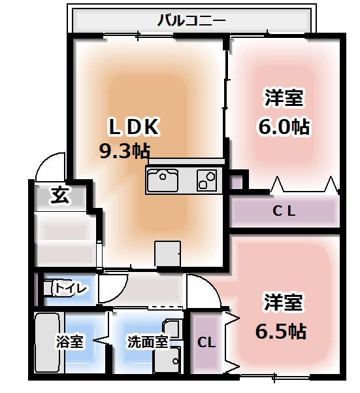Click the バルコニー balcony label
(191, 20)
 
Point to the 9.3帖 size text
(124, 151)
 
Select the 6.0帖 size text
(284, 126)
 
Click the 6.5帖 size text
(280, 330)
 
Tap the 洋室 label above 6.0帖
(284, 99)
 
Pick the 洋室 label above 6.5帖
(283, 303)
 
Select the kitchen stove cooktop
(207, 179)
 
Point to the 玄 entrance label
(59, 194)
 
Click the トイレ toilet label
(68, 287)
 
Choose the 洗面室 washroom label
(148, 341)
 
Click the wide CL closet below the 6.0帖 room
(284, 211)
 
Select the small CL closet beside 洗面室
(206, 342)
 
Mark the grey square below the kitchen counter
(167, 254)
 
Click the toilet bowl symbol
(49, 288)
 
